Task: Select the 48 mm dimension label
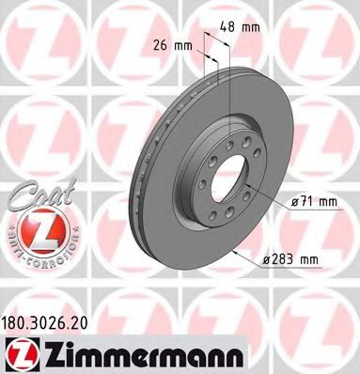pyautogui.click(x=246, y=27)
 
